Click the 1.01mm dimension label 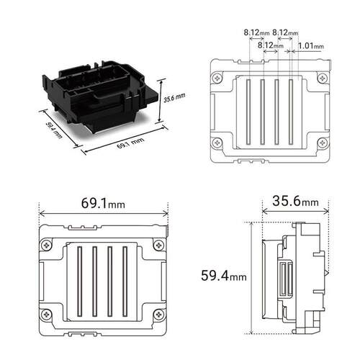pos(311,45)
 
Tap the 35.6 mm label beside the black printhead pos(174,97)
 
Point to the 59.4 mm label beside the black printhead pos(54,130)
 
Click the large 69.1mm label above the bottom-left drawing pos(103,203)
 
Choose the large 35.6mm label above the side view pos(295,201)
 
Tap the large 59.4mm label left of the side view pos(224,275)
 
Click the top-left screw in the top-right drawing pos(217,78)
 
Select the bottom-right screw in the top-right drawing pos(323,143)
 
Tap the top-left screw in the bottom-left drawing pos(47,245)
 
